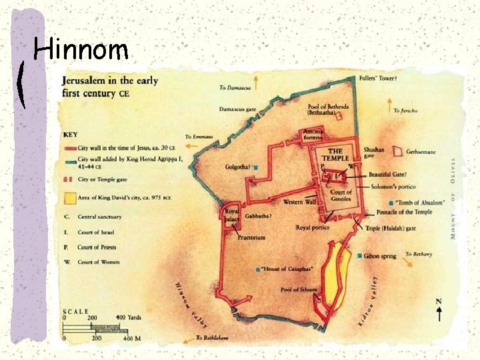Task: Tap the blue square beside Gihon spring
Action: tap(360, 255)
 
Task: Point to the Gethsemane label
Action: tap(421, 152)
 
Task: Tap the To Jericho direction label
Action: tap(405, 111)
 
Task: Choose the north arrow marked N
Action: tap(438, 308)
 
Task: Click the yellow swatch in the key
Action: tap(70, 199)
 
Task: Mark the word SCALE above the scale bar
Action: tap(76, 311)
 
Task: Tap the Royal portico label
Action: tap(312, 227)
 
